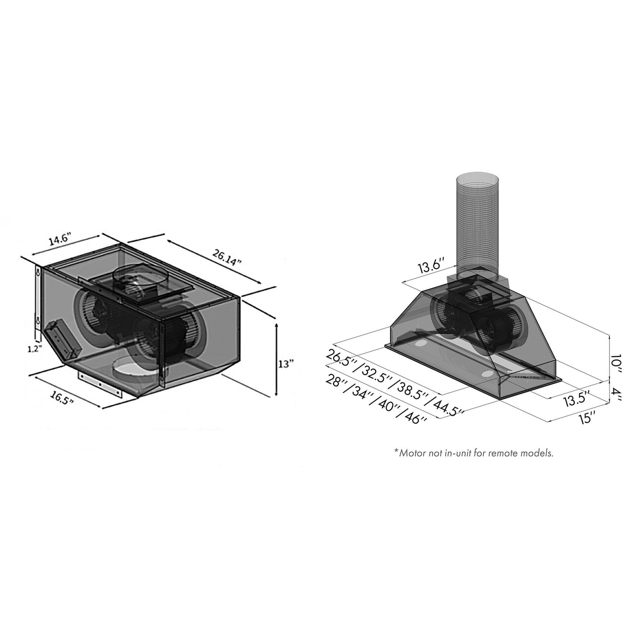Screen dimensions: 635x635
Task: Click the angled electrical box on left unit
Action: pyautogui.click(x=63, y=340)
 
